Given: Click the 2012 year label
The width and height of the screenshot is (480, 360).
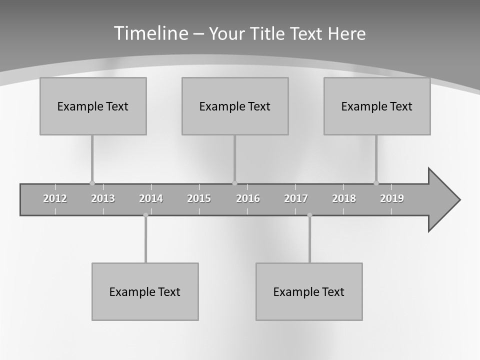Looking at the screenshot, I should pos(55,198).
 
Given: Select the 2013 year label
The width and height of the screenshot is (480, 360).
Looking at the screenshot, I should pos(103,198).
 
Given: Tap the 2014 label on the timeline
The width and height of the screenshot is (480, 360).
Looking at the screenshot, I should pos(151,198).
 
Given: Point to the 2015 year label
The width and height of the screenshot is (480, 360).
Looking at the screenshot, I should pos(199,198).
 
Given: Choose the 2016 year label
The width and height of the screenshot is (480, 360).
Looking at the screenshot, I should pos(248,198).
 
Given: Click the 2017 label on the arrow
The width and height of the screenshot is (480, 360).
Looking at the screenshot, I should pos(296,198).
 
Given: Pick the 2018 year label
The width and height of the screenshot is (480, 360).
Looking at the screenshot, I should pos(344,198).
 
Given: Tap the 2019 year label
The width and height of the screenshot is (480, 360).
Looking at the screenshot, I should pos(392,198).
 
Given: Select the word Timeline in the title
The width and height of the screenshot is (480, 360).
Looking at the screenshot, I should pos(150,33).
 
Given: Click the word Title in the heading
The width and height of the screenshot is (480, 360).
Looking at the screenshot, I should pos(269,33).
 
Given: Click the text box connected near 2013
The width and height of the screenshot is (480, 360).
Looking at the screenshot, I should pos(93,106).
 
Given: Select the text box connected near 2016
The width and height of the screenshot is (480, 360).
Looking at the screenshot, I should pos(235,106).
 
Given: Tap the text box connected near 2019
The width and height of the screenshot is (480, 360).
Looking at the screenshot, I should pos(377,106).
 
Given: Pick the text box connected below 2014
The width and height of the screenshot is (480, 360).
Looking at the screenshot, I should pos(145,291).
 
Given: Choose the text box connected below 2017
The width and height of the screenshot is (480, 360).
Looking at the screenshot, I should pos(309,291).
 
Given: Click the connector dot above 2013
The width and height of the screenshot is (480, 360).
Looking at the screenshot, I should pos(92,183).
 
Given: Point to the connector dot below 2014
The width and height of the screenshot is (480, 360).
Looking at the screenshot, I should pos(145,215).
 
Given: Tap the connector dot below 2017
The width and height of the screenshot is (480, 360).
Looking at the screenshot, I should pos(309,215).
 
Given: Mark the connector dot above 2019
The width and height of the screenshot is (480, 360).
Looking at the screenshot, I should pos(376,183).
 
